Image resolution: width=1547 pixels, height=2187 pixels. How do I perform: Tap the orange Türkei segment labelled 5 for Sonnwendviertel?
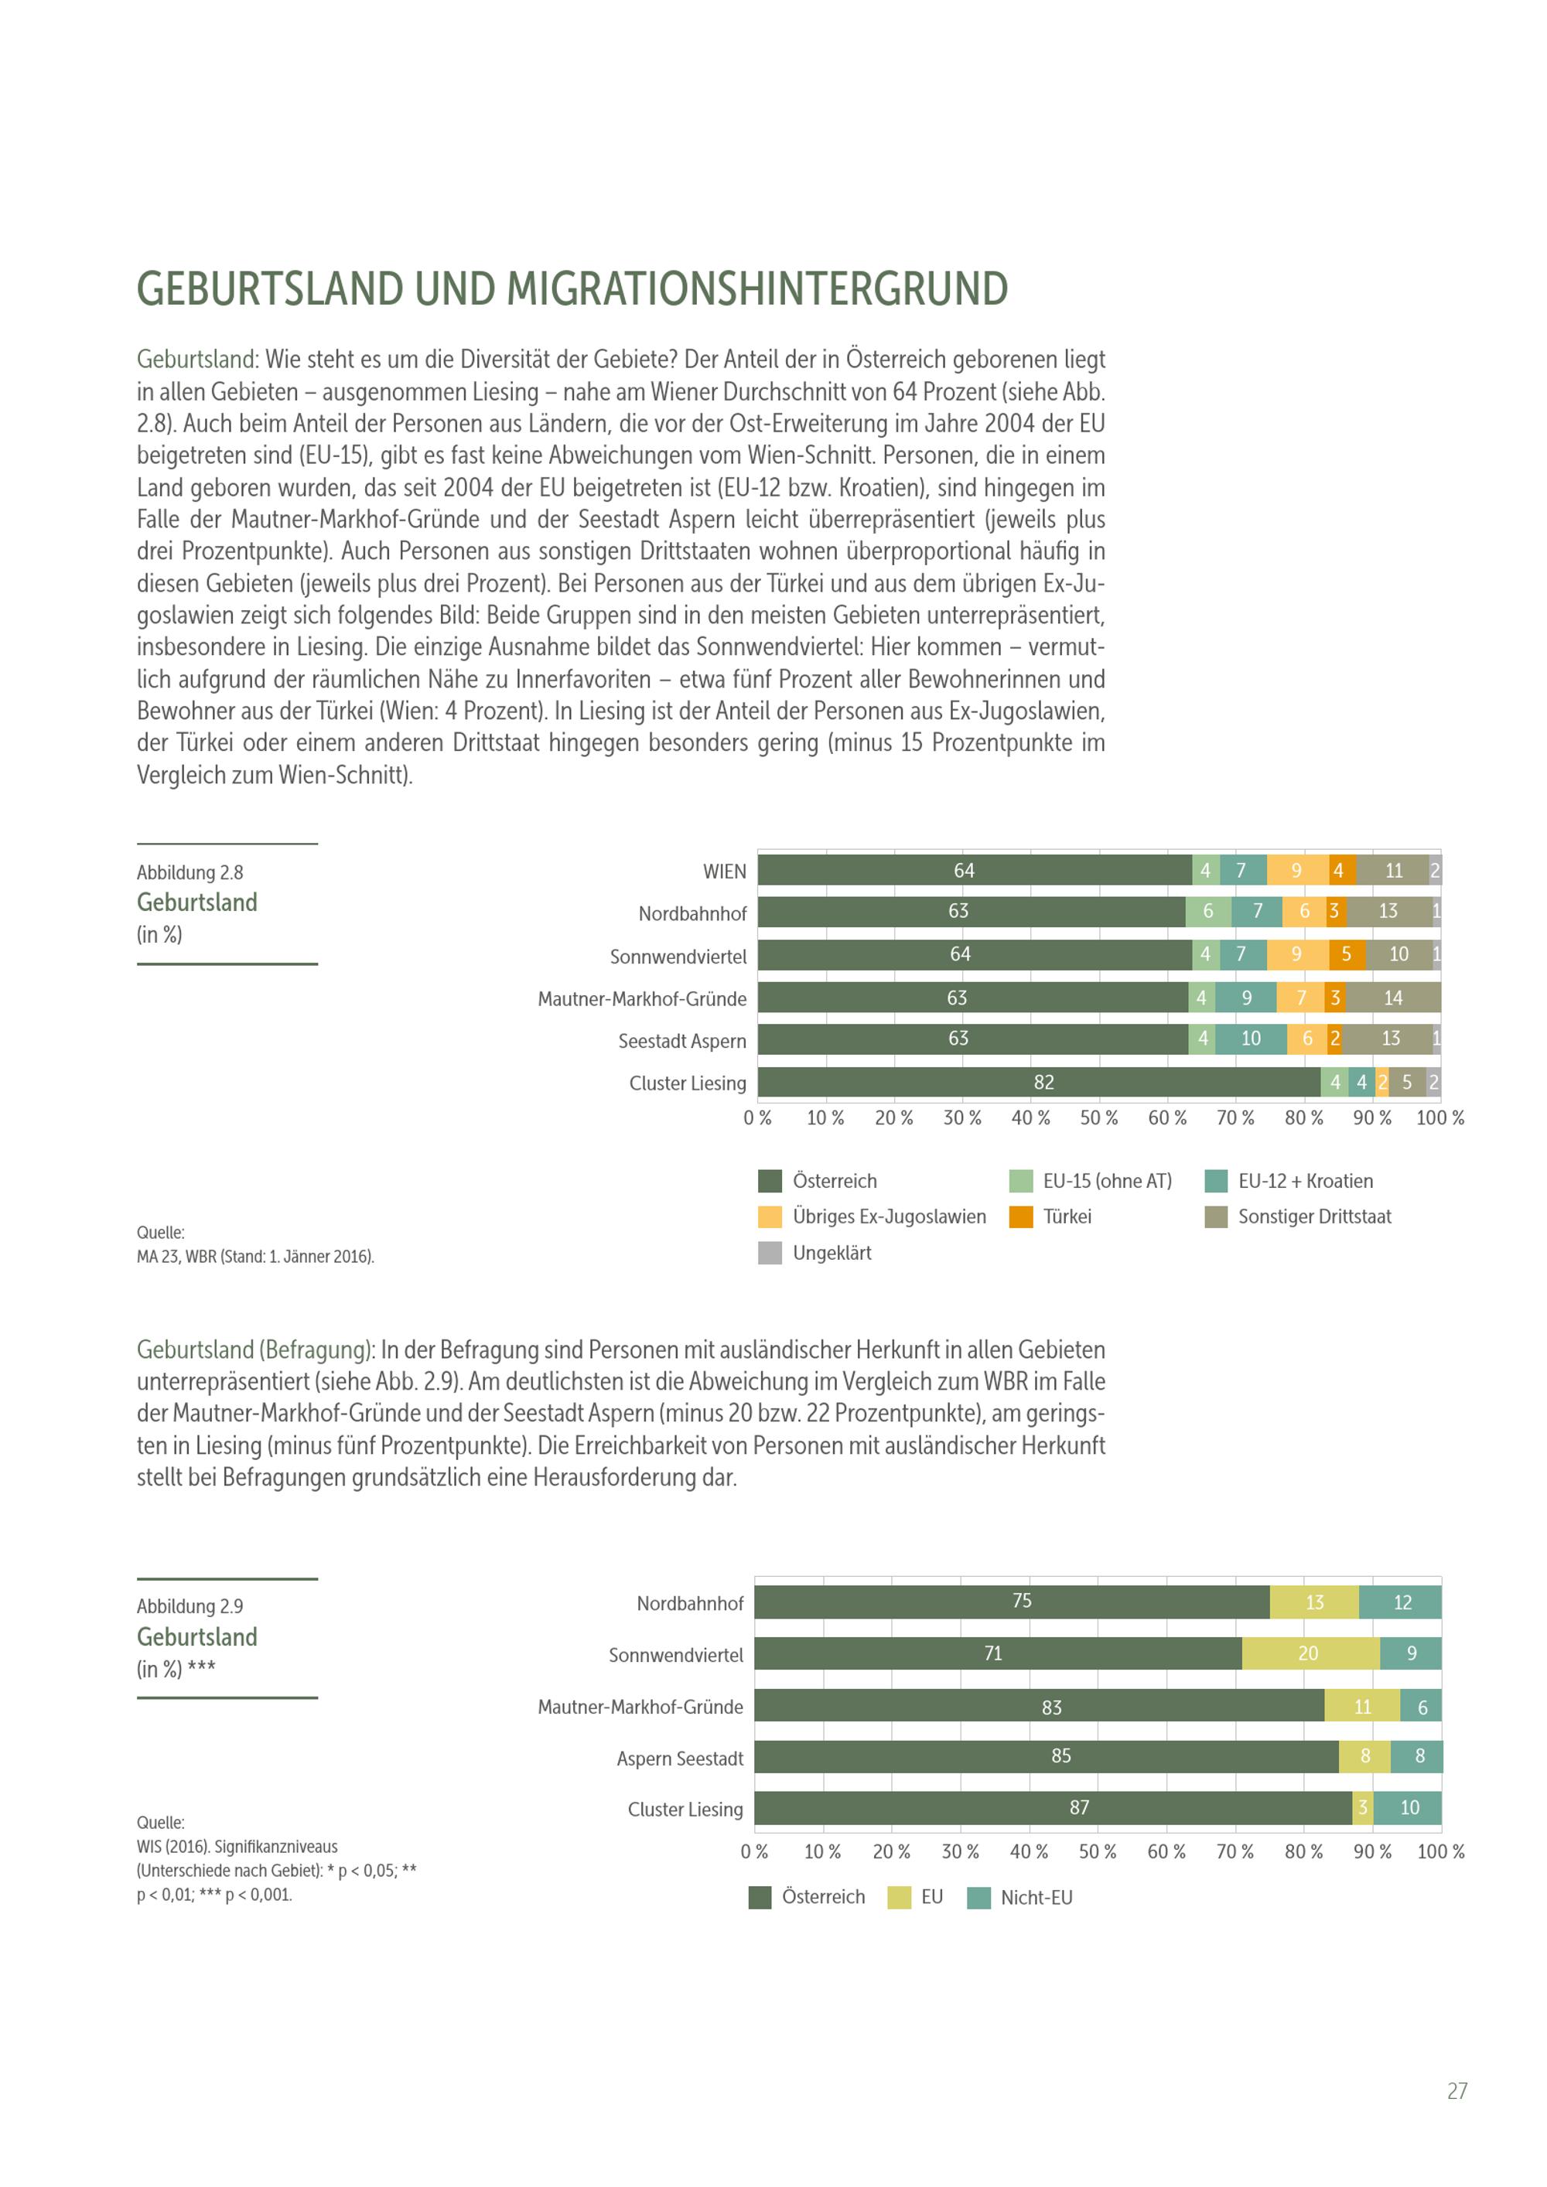tap(1346, 954)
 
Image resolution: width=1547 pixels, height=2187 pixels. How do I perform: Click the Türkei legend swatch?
tap(1021, 1216)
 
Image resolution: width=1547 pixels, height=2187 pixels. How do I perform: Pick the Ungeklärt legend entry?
tap(832, 1253)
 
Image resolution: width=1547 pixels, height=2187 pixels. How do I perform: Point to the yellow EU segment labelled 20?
tap(1310, 1653)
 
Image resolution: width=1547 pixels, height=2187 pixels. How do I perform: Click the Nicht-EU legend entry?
tap(1036, 1896)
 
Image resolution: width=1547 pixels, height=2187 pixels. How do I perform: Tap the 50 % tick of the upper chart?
tap(1098, 1117)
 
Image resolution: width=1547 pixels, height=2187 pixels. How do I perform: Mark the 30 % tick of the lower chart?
tap(960, 1851)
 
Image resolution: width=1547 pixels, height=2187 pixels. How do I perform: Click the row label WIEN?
tap(724, 872)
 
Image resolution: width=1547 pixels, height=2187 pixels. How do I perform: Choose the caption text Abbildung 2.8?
tap(190, 872)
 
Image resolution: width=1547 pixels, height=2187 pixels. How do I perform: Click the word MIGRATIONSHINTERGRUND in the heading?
tap(757, 289)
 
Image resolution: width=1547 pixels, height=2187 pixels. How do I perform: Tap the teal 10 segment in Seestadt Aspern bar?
tap(1251, 1039)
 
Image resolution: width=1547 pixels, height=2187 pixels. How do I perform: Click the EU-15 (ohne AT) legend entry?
tap(1107, 1181)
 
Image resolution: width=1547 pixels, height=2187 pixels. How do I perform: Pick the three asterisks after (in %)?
tap(201, 1667)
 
